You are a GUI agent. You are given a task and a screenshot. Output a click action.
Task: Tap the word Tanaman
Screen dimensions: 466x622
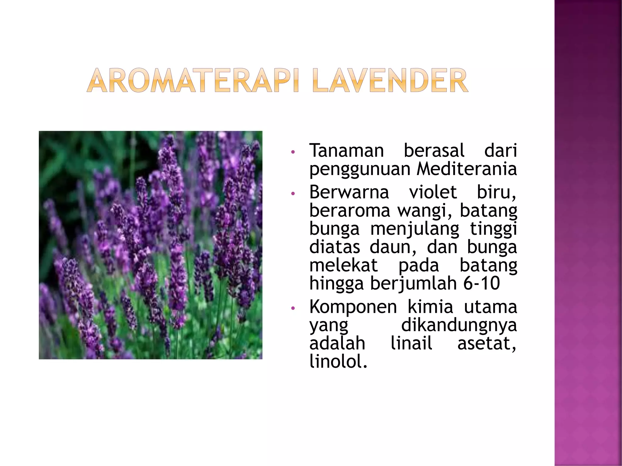[347, 151]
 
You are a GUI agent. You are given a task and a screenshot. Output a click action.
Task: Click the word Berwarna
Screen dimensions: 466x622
[349, 192]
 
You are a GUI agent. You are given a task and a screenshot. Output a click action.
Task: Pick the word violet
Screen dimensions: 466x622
[432, 192]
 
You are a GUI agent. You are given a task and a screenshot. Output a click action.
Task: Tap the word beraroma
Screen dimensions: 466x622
[349, 211]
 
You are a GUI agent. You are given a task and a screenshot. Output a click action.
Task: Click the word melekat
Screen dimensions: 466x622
[343, 265]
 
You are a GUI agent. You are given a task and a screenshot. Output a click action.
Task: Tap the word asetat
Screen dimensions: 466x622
[487, 344]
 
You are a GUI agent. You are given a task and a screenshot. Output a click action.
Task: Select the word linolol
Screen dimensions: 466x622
[338, 362]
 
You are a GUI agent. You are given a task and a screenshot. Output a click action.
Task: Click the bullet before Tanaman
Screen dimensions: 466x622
[293, 152]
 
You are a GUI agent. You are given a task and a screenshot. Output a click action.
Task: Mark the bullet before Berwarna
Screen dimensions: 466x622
[293, 193]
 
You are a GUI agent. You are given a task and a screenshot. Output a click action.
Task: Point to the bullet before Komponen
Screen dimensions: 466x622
[293, 308]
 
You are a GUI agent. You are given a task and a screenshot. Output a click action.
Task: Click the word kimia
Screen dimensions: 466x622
[430, 307]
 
